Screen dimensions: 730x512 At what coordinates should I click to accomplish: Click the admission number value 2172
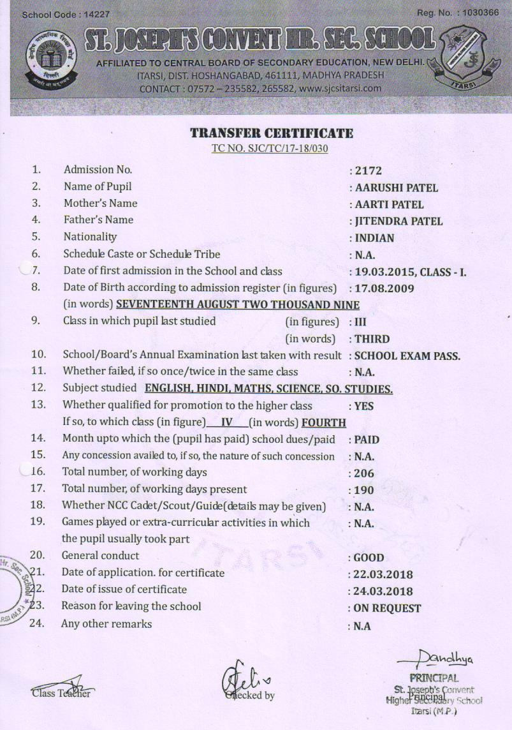point(367,171)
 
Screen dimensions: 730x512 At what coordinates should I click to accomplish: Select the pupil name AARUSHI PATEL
point(396,188)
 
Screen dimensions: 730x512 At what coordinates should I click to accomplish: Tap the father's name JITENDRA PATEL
point(399,221)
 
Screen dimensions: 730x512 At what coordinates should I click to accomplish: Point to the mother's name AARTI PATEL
point(389,205)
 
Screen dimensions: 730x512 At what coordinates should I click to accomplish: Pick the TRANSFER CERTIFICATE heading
point(272,133)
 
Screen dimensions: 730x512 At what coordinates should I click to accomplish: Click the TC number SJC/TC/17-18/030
point(271,148)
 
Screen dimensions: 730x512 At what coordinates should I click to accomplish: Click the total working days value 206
point(364,474)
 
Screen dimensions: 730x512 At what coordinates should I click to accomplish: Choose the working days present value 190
point(364,491)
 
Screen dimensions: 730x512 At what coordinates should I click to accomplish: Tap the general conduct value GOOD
point(369,558)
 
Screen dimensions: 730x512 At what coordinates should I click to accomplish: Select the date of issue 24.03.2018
point(384,592)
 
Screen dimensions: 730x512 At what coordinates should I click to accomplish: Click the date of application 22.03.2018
point(384,574)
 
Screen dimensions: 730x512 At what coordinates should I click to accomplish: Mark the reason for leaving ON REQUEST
point(387,609)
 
